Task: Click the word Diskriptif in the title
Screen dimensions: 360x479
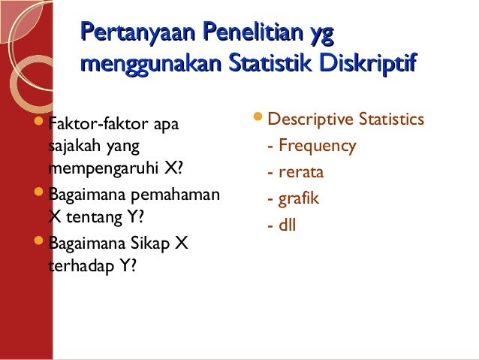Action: pyautogui.click(x=369, y=65)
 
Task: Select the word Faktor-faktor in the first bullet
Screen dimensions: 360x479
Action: pyautogui.click(x=98, y=122)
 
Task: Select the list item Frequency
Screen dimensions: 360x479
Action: pyautogui.click(x=315, y=146)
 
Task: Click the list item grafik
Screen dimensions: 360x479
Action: pyautogui.click(x=298, y=199)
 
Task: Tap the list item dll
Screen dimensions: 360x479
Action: pyautogui.click(x=288, y=225)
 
